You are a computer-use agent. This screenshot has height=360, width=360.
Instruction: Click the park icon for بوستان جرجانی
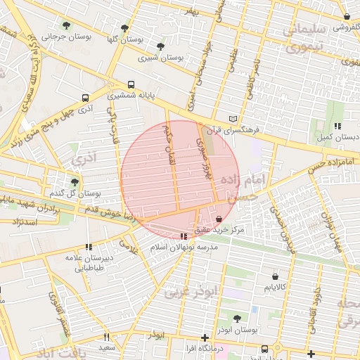67,25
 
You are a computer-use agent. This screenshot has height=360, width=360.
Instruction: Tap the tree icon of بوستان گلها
124,28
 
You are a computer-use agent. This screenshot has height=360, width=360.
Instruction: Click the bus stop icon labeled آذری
85,98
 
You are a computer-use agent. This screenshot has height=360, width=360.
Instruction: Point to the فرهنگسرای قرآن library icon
233,120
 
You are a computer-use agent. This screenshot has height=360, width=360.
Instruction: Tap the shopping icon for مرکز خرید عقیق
221,219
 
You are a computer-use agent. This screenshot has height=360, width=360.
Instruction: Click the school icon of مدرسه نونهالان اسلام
184,237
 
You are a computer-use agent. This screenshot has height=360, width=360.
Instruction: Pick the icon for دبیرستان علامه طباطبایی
89,247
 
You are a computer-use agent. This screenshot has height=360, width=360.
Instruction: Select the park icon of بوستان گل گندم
75,182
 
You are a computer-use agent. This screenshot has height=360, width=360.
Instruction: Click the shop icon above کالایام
274,276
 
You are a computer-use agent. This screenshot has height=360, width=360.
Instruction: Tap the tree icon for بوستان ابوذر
236,318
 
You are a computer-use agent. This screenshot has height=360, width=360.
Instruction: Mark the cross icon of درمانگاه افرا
205,337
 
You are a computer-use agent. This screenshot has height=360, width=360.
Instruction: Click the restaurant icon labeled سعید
106,337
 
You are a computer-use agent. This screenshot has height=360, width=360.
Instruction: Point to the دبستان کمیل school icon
337,126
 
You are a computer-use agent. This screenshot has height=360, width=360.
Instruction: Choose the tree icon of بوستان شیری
161,46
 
